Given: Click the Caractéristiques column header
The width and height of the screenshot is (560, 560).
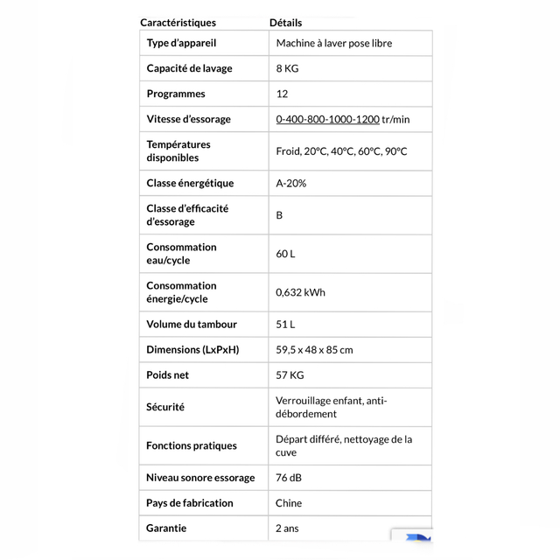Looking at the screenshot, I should [x=178, y=23].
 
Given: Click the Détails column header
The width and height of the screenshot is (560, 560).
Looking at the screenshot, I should [x=285, y=23].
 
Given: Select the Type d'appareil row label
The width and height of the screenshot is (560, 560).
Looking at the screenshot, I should [x=181, y=43].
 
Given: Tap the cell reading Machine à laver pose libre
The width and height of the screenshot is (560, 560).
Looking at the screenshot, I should [x=333, y=43].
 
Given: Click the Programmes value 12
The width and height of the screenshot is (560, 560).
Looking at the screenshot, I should [x=282, y=94].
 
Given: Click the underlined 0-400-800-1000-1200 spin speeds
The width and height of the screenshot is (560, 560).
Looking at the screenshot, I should [x=327, y=119].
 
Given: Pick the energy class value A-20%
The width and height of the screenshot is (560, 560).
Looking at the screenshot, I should [x=290, y=183].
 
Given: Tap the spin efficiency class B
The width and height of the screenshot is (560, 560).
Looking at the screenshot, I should [x=280, y=215].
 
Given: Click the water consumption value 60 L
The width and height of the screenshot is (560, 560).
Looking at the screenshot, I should [x=285, y=254].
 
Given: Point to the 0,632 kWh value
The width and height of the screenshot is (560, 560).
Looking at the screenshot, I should [x=300, y=292].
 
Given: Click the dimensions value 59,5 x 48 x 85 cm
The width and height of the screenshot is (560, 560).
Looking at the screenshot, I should [x=314, y=350].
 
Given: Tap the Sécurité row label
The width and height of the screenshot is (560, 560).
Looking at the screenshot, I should [x=165, y=407].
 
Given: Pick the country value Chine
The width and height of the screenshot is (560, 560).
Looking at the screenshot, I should [x=289, y=503].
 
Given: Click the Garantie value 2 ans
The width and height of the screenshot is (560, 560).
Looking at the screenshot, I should [x=287, y=528].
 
